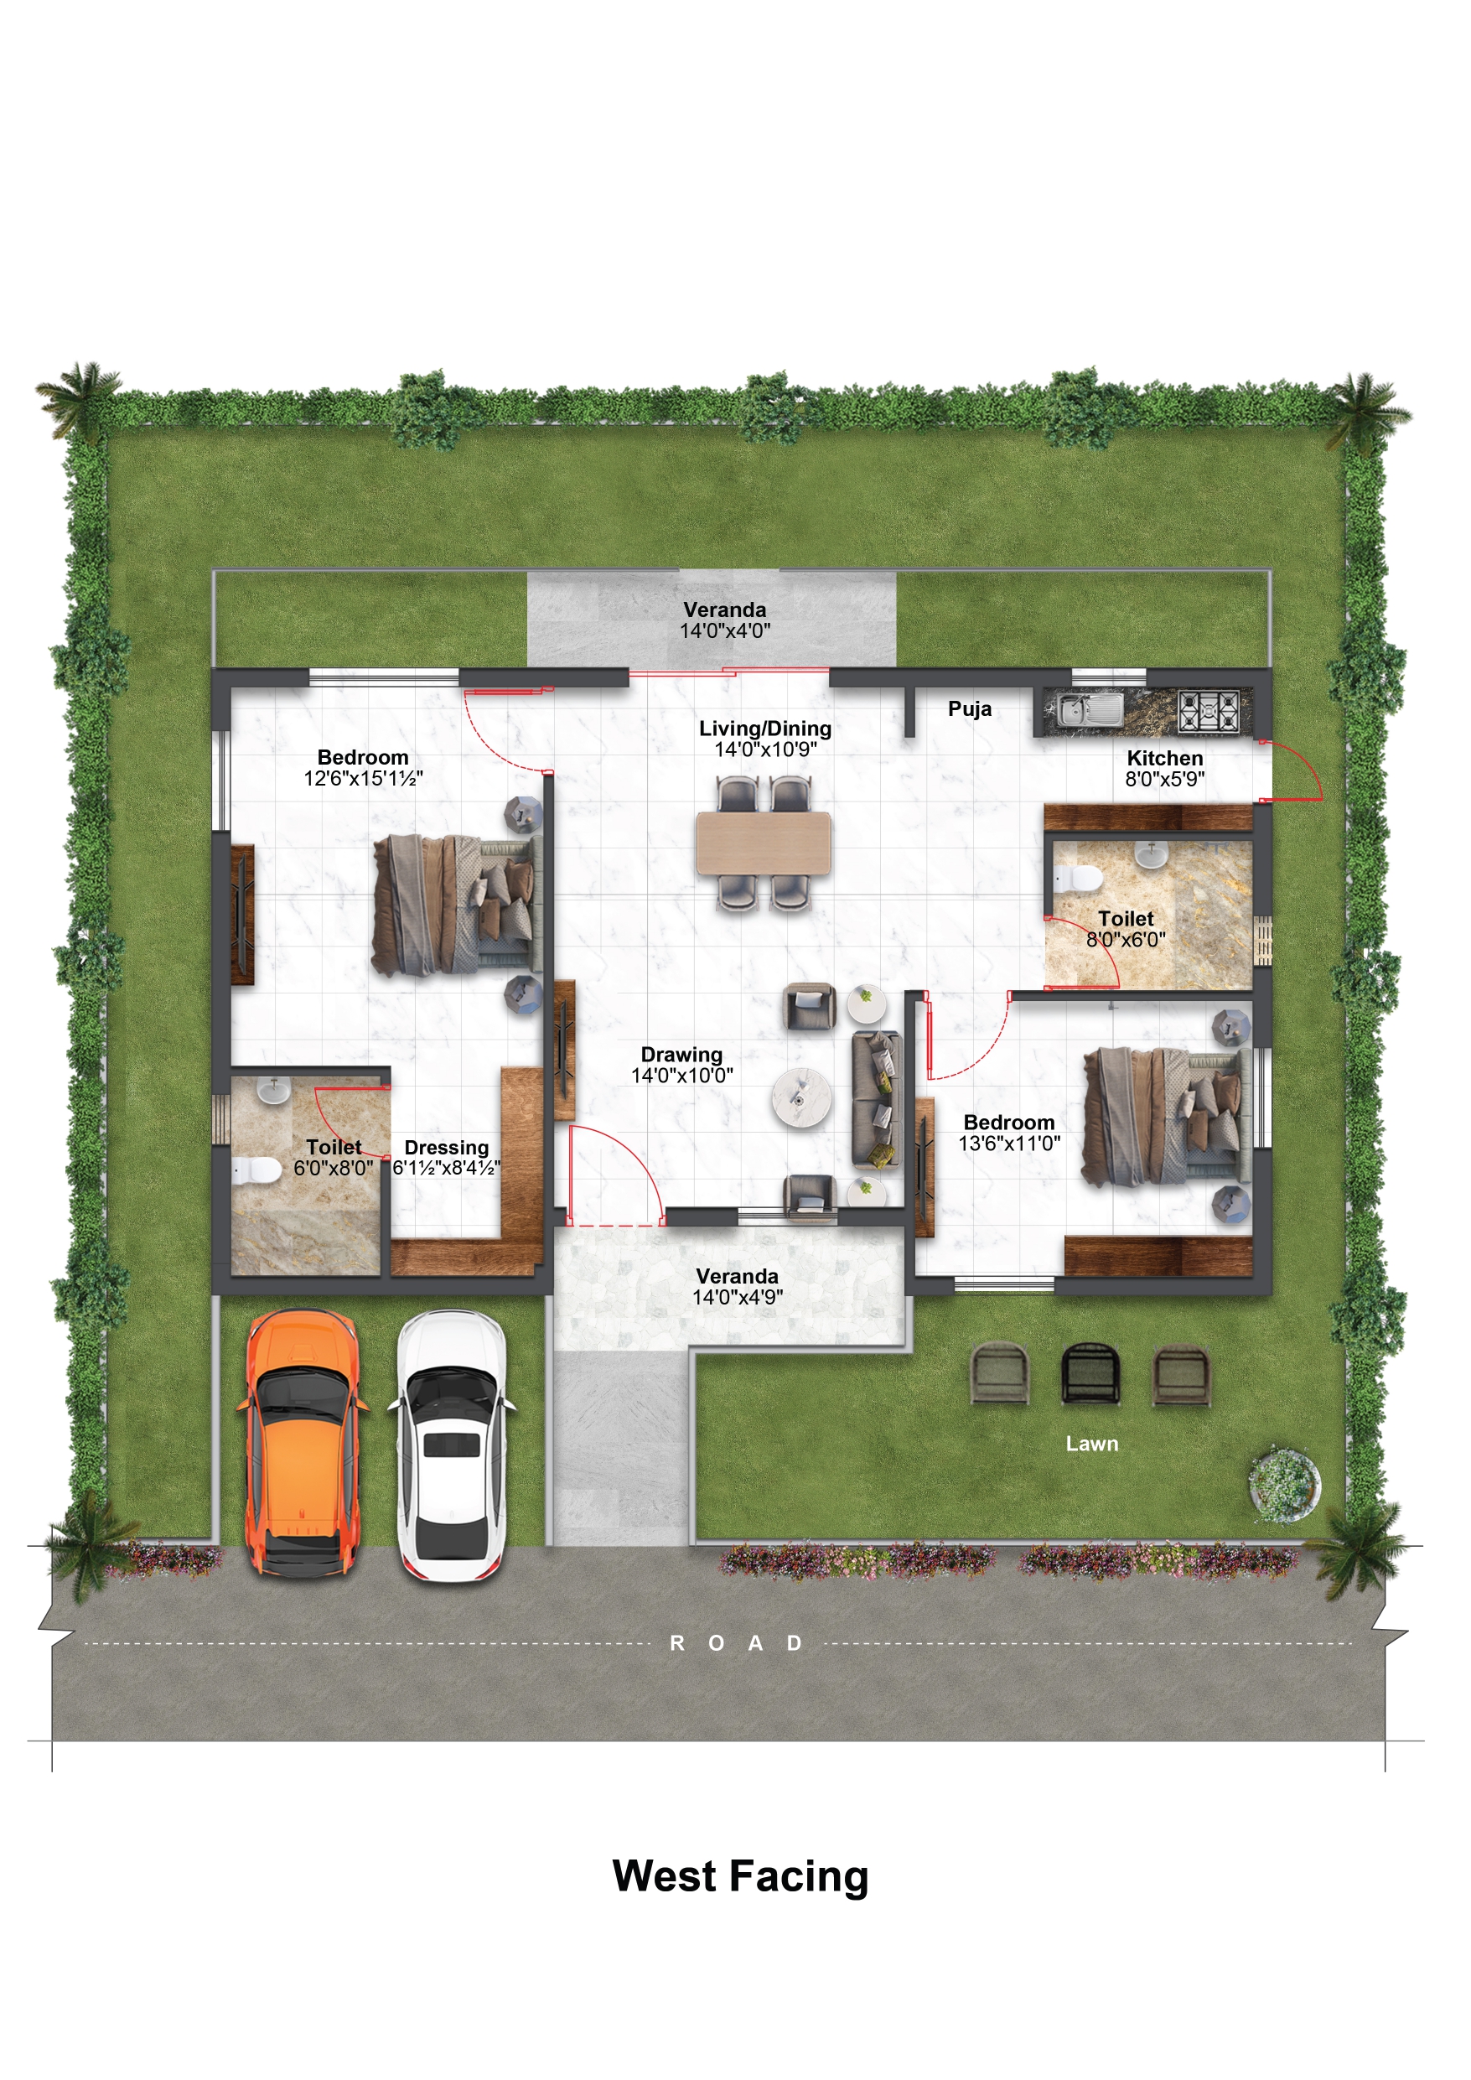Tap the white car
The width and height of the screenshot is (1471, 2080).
click(452, 1446)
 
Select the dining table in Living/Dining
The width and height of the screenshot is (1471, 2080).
click(764, 843)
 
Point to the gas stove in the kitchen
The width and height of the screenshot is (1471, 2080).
click(1209, 709)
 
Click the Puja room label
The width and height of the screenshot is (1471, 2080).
click(969, 708)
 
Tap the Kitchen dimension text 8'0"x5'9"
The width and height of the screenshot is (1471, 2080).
click(1165, 779)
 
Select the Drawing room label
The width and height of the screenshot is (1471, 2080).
click(682, 1055)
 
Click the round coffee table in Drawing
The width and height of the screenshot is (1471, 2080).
click(800, 1098)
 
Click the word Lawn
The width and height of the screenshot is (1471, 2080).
click(1091, 1444)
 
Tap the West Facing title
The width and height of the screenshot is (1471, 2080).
click(740, 1876)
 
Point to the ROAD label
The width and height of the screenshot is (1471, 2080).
click(736, 1643)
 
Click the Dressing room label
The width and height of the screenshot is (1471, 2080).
click(447, 1148)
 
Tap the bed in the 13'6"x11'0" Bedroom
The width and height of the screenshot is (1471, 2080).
click(1168, 1116)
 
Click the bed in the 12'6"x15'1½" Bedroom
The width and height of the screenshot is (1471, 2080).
click(458, 905)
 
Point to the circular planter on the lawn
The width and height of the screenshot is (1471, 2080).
click(1284, 1485)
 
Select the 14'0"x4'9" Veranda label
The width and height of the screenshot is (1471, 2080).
click(738, 1286)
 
